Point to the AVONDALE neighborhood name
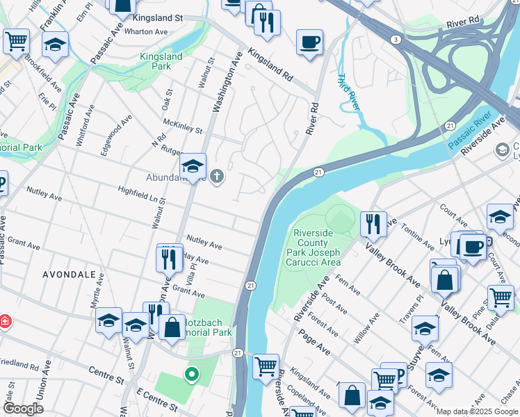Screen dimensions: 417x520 pyautogui.click(x=69, y=275)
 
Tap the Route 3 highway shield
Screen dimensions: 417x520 pyautogui.click(x=395, y=39)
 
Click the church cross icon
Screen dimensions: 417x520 pyautogui.click(x=217, y=176)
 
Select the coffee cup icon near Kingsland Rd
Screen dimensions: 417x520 pyautogui.click(x=309, y=42)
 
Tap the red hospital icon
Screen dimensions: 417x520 pyautogui.click(x=6, y=322)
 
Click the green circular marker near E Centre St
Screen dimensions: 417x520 pyautogui.click(x=191, y=375)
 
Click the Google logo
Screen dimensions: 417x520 pyautogui.click(x=23, y=409)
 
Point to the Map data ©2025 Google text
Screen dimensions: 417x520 pyautogui.click(x=476, y=411)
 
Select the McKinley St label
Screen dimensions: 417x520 pyautogui.click(x=182, y=126)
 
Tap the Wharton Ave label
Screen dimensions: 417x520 pyautogui.click(x=148, y=31)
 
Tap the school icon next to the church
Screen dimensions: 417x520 pyautogui.click(x=193, y=166)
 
